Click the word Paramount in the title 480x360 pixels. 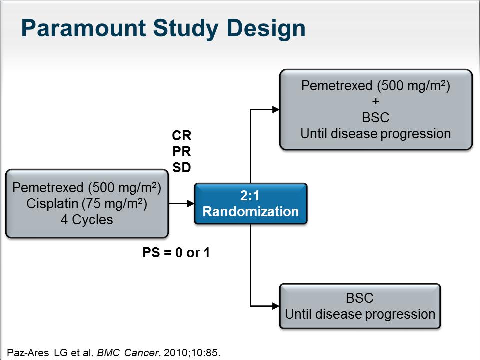pyautogui.click(x=83, y=28)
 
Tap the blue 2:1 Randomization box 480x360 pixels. pyautogui.click(x=250, y=204)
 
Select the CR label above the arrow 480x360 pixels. pyautogui.click(x=182, y=135)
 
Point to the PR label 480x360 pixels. pyautogui.click(x=182, y=151)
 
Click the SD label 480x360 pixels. pyautogui.click(x=182, y=168)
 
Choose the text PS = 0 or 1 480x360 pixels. pyautogui.click(x=176, y=253)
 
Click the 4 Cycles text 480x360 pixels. pyautogui.click(x=87, y=220)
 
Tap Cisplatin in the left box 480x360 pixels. pyautogui.click(x=52, y=204)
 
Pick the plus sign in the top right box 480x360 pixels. pyautogui.click(x=376, y=101)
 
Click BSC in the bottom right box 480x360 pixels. pyautogui.click(x=359, y=298)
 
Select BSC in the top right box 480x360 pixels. pyautogui.click(x=376, y=118)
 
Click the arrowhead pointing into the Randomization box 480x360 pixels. pyautogui.click(x=190, y=203)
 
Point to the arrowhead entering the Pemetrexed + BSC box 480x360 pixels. pyautogui.click(x=276, y=109)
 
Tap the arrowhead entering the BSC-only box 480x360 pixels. pyautogui.click(x=276, y=306)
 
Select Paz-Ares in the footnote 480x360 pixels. pyautogui.click(x=28, y=353)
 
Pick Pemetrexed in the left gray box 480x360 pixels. pyautogui.click(x=48, y=187)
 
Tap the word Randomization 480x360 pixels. pyautogui.click(x=250, y=212)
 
